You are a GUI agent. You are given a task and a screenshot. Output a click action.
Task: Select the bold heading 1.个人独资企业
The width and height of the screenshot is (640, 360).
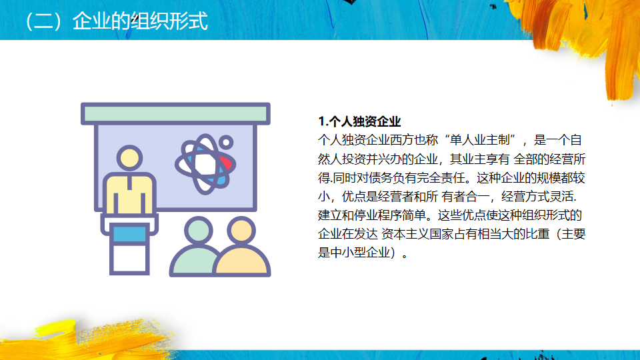pos(359,121)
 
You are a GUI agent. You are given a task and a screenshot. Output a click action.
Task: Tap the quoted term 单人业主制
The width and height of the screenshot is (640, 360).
pos(480,140)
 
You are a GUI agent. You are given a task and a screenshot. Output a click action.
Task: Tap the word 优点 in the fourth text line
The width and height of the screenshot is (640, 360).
pos(354,196)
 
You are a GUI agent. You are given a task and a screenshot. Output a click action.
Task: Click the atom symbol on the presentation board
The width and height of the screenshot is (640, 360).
pos(205,164)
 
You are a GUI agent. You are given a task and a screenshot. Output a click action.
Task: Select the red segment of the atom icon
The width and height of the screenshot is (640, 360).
pos(226,163)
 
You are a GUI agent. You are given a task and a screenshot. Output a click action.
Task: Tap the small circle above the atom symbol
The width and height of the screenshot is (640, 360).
pos(226,143)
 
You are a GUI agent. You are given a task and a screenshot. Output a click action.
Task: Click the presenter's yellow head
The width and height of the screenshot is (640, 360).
pos(129,158)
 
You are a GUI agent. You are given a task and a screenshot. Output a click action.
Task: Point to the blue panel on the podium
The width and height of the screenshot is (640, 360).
pos(129,234)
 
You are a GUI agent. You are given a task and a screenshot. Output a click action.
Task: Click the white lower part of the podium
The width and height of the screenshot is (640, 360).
pos(129,258)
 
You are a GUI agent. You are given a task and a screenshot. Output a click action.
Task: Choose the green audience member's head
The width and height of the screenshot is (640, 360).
pos(199,230)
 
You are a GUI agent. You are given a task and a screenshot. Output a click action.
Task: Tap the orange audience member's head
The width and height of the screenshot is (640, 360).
pos(241,230)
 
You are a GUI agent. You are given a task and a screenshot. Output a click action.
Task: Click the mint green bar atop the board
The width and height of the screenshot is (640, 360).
pos(175,113)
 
